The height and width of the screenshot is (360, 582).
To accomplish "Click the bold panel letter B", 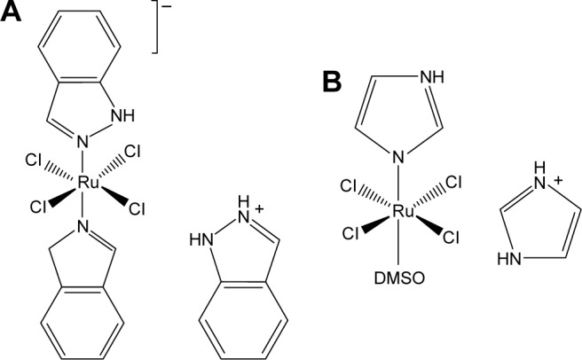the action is (x=331, y=82).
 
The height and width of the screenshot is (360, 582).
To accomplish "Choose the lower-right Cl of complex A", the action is (x=138, y=209).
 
